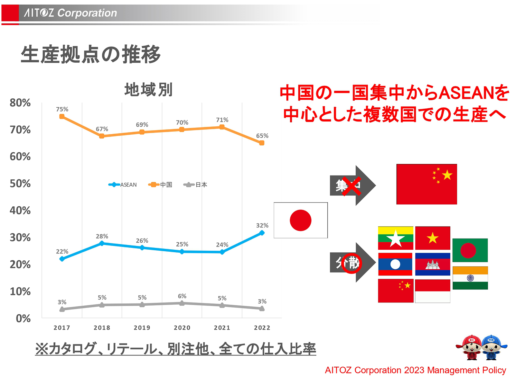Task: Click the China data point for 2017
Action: (x=62, y=116)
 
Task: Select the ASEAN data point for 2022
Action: (x=262, y=233)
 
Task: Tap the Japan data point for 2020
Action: (x=182, y=303)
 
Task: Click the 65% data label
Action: (x=262, y=136)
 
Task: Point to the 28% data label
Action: (x=102, y=236)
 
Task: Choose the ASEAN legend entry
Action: (x=123, y=184)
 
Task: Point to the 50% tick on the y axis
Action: (x=20, y=184)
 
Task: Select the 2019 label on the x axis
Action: (x=142, y=328)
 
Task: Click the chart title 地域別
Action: (x=148, y=90)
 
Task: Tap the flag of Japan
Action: (x=301, y=220)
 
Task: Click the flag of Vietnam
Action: (x=433, y=238)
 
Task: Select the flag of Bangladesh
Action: (x=470, y=250)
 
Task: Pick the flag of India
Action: (x=470, y=278)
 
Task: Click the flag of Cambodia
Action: (x=433, y=264)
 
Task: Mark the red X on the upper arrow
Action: (x=351, y=186)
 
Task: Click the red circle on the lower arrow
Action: (x=351, y=263)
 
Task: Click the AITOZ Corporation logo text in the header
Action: (x=70, y=13)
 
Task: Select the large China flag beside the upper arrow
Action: (x=426, y=184)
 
